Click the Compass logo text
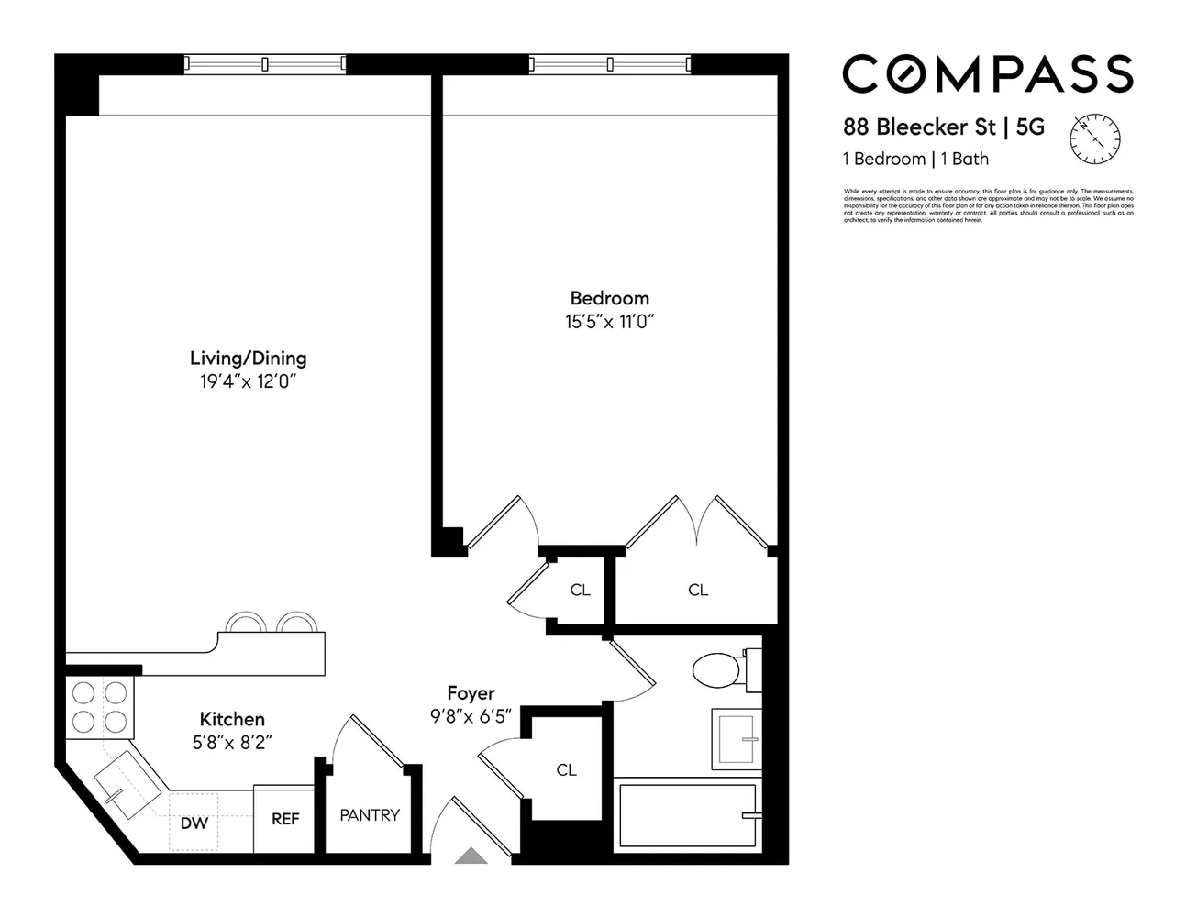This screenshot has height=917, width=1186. coord(987,74)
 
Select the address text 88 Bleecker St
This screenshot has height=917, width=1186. coord(918,127)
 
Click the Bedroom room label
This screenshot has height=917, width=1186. coord(609,298)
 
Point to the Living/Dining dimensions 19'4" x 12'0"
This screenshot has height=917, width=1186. coord(248,382)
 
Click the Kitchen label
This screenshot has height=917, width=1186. coord(232,720)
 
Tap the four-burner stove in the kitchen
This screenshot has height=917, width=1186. coord(100,706)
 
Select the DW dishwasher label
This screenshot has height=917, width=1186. coord(194,823)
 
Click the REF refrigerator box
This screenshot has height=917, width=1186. coord(284,818)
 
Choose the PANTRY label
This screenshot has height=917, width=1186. coord(370,814)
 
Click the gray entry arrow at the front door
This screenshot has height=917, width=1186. coord(471,856)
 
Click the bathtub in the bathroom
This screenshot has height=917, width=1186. coord(688,814)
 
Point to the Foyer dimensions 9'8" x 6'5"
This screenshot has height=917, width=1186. coord(471,716)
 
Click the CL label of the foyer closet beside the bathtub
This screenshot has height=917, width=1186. coord(567,770)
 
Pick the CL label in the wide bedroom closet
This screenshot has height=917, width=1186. coord(698,590)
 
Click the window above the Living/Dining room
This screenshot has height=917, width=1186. coord(264,64)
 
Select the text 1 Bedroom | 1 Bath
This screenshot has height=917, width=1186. coord(915,159)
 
